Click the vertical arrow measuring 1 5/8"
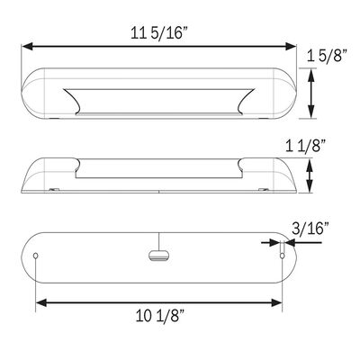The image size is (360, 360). pyautogui.click(x=311, y=90)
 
